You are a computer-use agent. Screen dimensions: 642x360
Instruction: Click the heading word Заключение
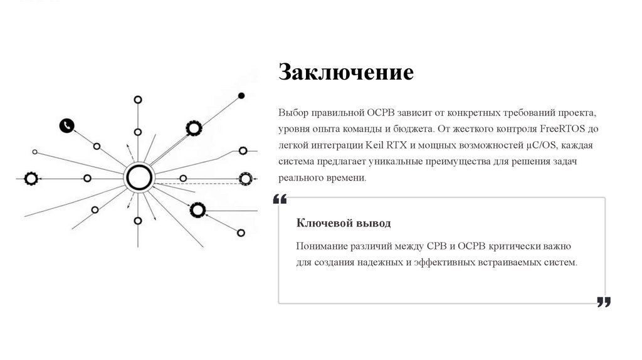pos(346,72)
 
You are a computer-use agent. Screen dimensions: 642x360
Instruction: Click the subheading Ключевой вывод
pos(343,223)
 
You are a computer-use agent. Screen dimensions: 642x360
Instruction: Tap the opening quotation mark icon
pos(280,199)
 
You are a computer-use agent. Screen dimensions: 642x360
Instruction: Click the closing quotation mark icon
pos(603,302)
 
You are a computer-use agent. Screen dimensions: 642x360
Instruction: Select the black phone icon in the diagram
pos(67,125)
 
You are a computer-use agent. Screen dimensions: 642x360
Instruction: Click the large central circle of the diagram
pos(139,178)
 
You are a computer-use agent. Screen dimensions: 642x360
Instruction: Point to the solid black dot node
pos(241,95)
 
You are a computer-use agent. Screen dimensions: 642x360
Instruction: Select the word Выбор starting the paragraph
pos(293,113)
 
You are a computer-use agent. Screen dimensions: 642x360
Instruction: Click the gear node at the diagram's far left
pos(30,178)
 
